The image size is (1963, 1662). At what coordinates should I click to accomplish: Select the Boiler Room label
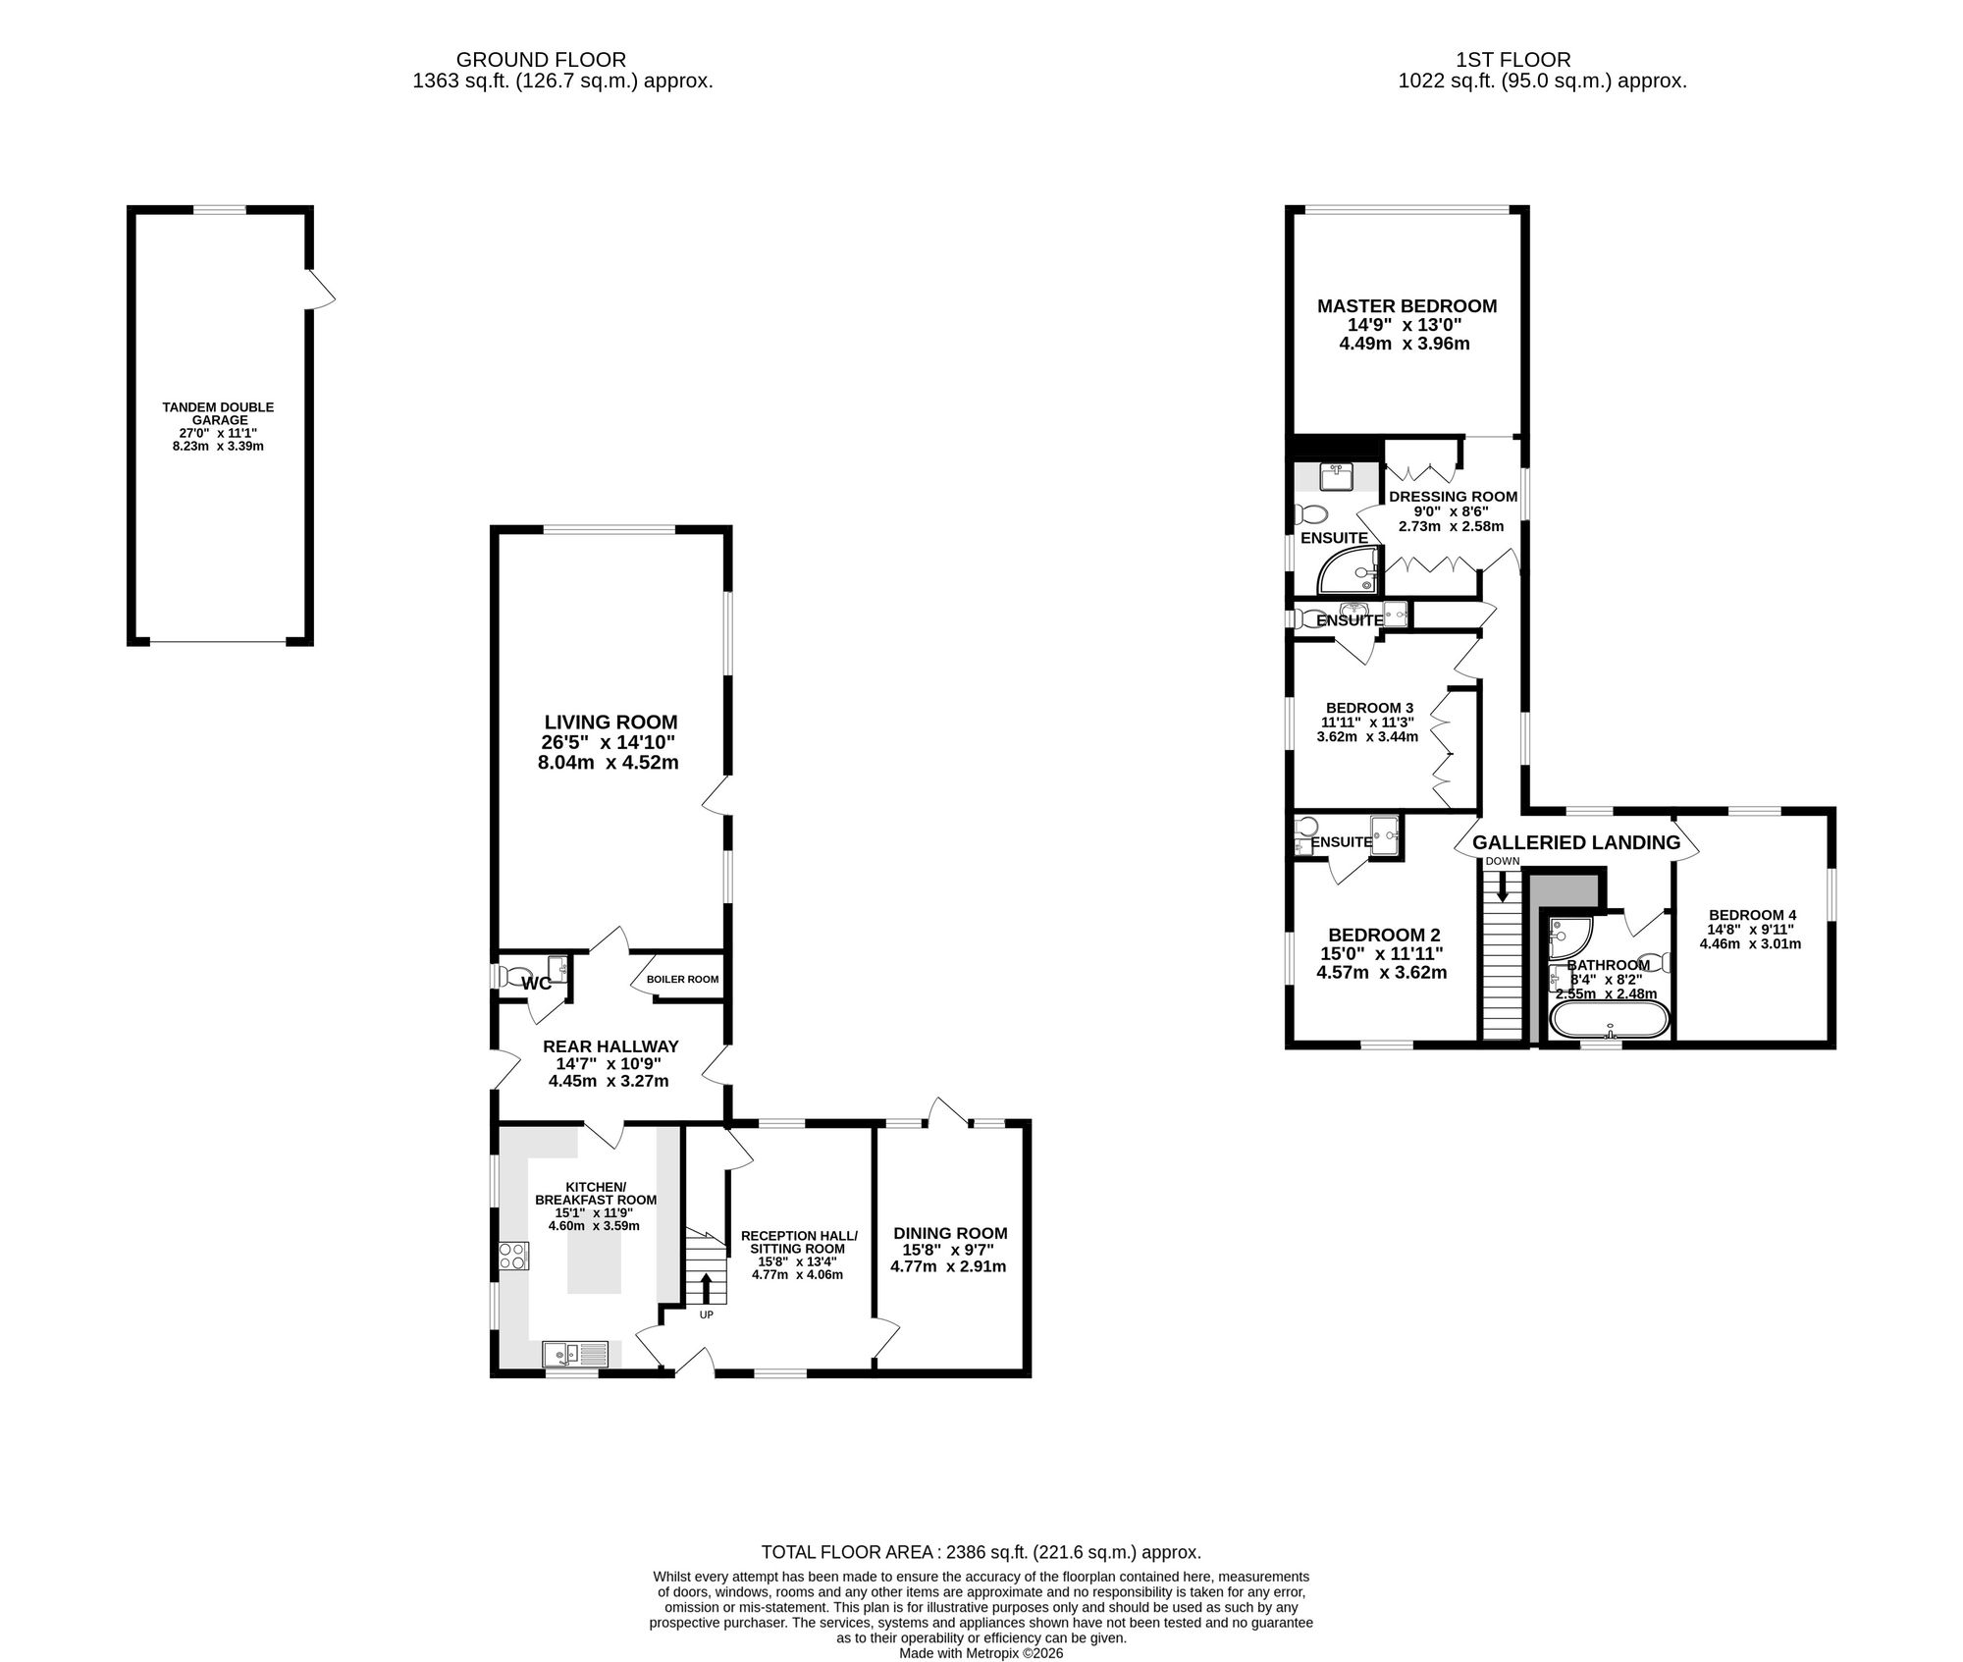[x=682, y=979]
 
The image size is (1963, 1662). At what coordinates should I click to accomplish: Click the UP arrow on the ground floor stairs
[x=707, y=1286]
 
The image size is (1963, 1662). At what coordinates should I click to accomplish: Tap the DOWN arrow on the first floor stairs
[x=1502, y=887]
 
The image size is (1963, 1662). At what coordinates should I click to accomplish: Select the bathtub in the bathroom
[x=1608, y=1019]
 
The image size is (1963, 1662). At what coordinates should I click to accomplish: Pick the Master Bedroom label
[x=1406, y=306]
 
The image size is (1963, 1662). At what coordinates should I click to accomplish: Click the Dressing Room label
[x=1453, y=497]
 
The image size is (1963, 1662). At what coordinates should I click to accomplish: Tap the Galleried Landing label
[x=1576, y=842]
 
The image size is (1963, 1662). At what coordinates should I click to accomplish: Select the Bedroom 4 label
[x=1750, y=915]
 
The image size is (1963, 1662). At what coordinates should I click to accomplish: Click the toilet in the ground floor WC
[x=514, y=977]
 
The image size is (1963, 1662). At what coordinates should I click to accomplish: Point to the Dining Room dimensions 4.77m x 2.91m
[x=948, y=1266]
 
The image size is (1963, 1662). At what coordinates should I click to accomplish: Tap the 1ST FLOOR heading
[x=1542, y=60]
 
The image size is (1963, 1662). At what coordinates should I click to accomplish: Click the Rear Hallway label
[x=610, y=1046]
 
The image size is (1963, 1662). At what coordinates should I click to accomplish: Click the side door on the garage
[x=320, y=288]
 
